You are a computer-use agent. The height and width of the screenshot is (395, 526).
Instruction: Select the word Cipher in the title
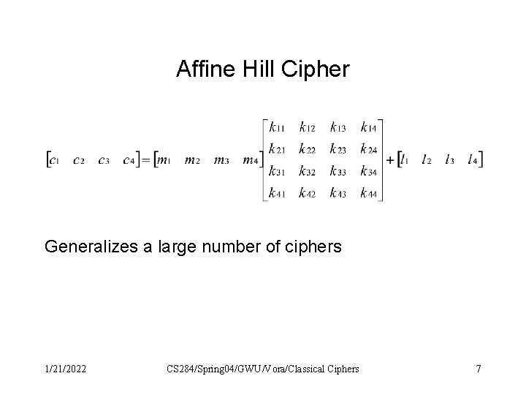pyautogui.click(x=308, y=69)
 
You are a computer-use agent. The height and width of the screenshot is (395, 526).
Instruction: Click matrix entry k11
pyautogui.click(x=278, y=127)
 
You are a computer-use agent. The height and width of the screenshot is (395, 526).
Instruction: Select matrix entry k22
pyautogui.click(x=308, y=149)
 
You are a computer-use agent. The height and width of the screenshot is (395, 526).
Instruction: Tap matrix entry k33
pyautogui.click(x=338, y=171)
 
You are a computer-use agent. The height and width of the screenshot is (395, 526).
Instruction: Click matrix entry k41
pyautogui.click(x=278, y=193)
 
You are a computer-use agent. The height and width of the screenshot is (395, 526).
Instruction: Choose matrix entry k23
pyautogui.click(x=338, y=149)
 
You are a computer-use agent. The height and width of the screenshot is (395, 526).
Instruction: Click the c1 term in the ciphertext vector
pyautogui.click(x=53, y=160)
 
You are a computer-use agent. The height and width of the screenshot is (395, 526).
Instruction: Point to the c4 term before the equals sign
pyautogui.click(x=129, y=160)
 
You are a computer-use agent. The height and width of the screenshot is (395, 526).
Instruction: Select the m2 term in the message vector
pyautogui.click(x=193, y=160)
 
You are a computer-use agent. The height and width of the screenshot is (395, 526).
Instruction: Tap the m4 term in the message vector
pyautogui.click(x=251, y=160)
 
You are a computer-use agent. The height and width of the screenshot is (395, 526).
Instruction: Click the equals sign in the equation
pyautogui.click(x=145, y=159)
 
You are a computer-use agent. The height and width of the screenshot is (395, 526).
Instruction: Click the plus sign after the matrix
pyautogui.click(x=389, y=159)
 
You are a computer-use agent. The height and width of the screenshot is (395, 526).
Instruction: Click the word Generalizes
pyautogui.click(x=91, y=247)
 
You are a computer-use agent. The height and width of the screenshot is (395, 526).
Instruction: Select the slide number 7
pyautogui.click(x=478, y=369)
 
